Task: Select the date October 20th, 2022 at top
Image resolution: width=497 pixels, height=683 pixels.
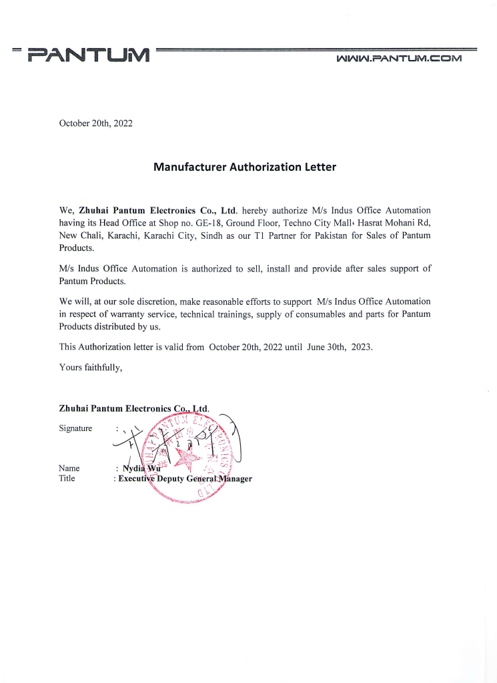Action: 95,123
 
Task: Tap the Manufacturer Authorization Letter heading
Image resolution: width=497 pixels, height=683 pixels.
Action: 245,167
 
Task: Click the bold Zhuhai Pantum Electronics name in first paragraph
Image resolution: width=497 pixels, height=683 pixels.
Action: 158,211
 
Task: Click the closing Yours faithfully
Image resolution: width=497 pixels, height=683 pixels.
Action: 91,367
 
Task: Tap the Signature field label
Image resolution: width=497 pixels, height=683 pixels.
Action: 75,428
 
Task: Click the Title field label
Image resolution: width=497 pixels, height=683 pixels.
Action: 67,478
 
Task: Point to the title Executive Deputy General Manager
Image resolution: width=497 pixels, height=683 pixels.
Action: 185,479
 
